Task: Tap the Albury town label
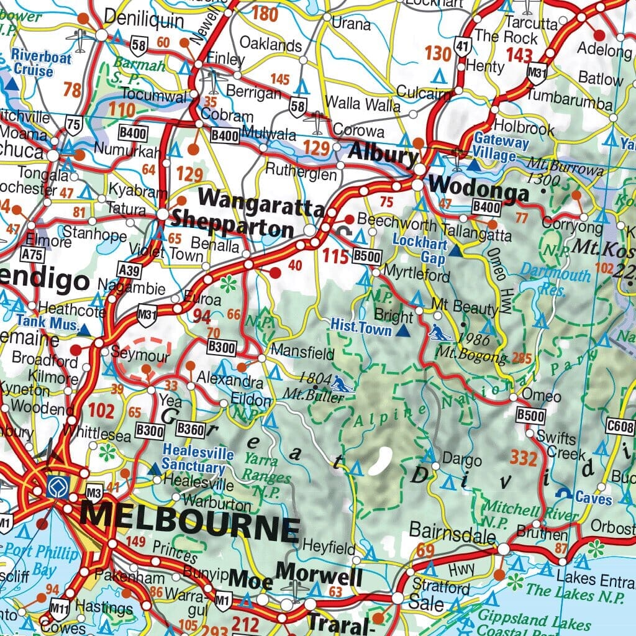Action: point(383,153)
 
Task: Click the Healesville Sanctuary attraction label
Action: point(194,458)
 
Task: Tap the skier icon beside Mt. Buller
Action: point(342,384)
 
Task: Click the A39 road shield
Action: point(129,269)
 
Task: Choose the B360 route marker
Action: point(190,428)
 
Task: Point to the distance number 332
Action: point(524,458)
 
